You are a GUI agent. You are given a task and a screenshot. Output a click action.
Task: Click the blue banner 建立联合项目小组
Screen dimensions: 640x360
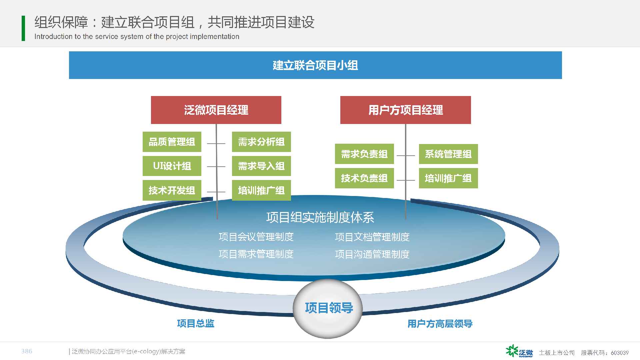point(315,65)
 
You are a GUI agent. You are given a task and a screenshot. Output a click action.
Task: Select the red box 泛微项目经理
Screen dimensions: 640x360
point(216,110)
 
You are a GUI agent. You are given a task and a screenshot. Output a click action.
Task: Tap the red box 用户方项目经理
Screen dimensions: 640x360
point(406,110)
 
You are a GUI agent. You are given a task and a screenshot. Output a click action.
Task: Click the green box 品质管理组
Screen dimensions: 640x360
point(172,142)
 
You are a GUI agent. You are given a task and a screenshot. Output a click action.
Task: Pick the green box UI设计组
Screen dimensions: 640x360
point(172,166)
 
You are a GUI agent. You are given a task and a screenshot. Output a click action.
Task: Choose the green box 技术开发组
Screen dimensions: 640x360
point(172,190)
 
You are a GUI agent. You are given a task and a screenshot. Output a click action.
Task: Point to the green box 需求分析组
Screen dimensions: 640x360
point(261,142)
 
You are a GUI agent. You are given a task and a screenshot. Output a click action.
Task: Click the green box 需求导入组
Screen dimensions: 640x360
point(261,166)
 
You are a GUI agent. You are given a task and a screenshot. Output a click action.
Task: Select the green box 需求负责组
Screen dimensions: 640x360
point(364,154)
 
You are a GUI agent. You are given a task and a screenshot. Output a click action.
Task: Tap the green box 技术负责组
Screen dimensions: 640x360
point(364,178)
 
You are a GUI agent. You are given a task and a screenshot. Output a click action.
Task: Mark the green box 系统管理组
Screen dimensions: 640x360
point(448,154)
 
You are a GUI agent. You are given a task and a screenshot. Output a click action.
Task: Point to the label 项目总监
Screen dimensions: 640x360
point(196,323)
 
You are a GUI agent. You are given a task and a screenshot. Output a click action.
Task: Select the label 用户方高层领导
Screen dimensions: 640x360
point(440,324)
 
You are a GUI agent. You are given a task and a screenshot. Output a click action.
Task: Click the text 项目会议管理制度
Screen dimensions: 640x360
point(256,237)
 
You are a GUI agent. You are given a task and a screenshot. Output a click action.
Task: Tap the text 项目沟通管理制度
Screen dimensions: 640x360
point(372,254)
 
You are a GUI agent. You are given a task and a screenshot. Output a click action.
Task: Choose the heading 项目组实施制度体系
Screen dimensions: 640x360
point(320,217)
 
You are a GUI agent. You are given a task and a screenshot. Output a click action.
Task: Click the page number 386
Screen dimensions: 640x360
point(27,351)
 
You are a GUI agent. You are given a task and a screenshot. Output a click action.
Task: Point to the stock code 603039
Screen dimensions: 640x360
point(620,353)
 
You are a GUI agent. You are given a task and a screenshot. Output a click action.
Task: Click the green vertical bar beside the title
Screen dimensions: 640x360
point(23,28)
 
